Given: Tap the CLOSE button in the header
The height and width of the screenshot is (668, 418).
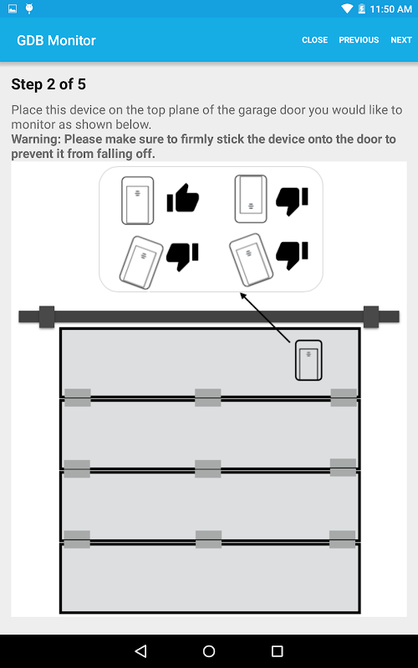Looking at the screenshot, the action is pyautogui.click(x=315, y=40).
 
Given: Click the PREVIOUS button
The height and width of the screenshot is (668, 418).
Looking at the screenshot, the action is pyautogui.click(x=359, y=40).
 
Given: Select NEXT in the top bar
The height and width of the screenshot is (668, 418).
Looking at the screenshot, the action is pyautogui.click(x=401, y=40).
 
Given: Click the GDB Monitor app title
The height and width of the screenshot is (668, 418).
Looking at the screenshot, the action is pyautogui.click(x=56, y=40).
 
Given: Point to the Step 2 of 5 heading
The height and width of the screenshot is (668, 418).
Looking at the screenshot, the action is pyautogui.click(x=48, y=84).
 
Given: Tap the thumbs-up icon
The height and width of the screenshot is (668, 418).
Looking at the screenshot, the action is pyautogui.click(x=182, y=198).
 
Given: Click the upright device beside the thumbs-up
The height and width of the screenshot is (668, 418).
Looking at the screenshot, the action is pyautogui.click(x=137, y=200).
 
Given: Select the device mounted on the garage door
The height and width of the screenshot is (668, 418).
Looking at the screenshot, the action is pyautogui.click(x=308, y=360).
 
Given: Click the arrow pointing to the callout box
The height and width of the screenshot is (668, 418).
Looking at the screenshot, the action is pyautogui.click(x=265, y=317).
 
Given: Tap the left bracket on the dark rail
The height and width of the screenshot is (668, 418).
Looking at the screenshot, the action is pyautogui.click(x=47, y=317).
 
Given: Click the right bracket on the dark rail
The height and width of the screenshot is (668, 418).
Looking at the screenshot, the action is pyautogui.click(x=370, y=317).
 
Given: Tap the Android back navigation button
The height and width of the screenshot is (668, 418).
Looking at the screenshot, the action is pyautogui.click(x=140, y=651).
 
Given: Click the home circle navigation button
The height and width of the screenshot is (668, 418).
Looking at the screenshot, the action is pyautogui.click(x=209, y=651).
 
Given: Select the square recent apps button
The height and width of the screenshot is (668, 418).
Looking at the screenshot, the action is pyautogui.click(x=278, y=651).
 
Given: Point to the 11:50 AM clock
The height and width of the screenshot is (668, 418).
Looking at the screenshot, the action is pyautogui.click(x=390, y=9).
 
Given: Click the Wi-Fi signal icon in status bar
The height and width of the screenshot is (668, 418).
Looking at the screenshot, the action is pyautogui.click(x=347, y=8).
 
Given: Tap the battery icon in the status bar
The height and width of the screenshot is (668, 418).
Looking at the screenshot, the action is pyautogui.click(x=361, y=8).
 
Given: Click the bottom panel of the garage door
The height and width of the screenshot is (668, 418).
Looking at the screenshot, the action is pyautogui.click(x=210, y=578).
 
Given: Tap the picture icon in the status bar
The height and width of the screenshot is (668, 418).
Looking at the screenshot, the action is pyautogui.click(x=13, y=8).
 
